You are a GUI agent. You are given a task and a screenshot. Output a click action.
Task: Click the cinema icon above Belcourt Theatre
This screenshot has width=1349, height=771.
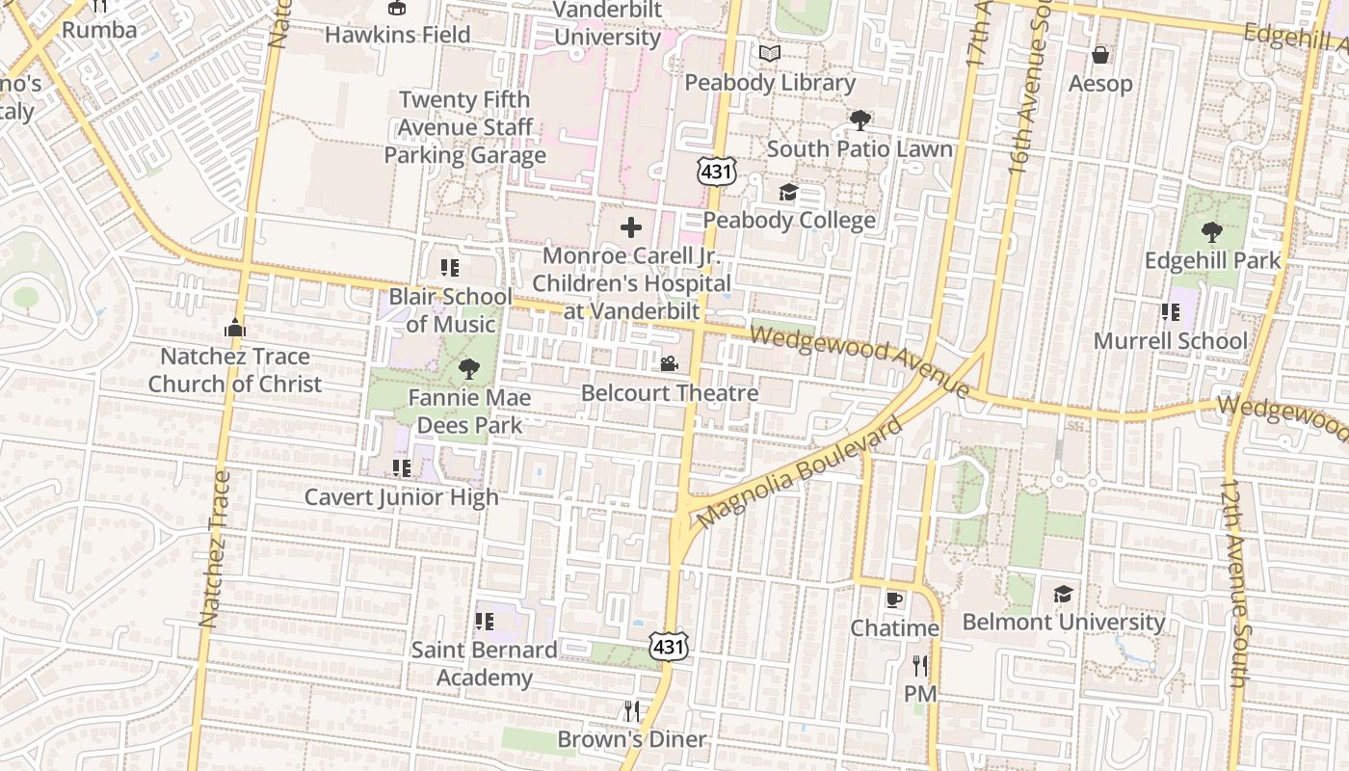point(669,363)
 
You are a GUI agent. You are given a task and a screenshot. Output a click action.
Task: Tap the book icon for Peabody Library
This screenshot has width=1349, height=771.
point(769,54)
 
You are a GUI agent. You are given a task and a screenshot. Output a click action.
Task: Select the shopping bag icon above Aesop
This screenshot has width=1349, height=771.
point(1100,55)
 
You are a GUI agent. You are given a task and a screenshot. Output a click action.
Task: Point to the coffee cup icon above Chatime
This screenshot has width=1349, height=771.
point(894,599)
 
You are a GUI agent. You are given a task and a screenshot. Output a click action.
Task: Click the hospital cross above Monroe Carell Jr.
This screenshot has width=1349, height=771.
point(631,227)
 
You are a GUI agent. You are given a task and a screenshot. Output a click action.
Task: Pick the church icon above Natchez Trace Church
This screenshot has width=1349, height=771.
point(234,328)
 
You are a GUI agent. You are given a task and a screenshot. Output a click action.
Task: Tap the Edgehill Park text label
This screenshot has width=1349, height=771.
point(1212,260)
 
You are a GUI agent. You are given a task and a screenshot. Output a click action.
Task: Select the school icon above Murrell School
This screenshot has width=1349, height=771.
point(1170,312)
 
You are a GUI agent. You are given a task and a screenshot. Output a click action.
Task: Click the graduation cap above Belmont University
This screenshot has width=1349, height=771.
point(1063,594)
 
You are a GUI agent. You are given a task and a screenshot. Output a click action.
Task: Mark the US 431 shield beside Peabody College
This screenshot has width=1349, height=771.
point(717,172)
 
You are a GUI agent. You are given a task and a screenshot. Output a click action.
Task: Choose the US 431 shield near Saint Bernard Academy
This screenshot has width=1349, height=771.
point(668,646)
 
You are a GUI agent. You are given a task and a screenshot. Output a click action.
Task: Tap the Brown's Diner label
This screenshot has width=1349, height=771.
point(632,740)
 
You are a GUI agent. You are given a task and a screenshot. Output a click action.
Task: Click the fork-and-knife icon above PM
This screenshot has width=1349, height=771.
point(919,665)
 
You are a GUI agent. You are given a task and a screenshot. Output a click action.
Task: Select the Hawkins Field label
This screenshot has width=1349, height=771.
point(397,35)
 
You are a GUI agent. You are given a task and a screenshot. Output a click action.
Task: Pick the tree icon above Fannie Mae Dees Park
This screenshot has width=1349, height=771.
point(469,368)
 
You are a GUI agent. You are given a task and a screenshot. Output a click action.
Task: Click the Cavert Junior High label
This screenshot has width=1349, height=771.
point(402,497)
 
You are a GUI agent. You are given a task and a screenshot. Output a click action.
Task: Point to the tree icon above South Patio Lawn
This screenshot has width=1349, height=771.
point(860,120)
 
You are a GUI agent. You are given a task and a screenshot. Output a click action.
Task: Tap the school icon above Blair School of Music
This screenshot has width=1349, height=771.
point(449,267)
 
